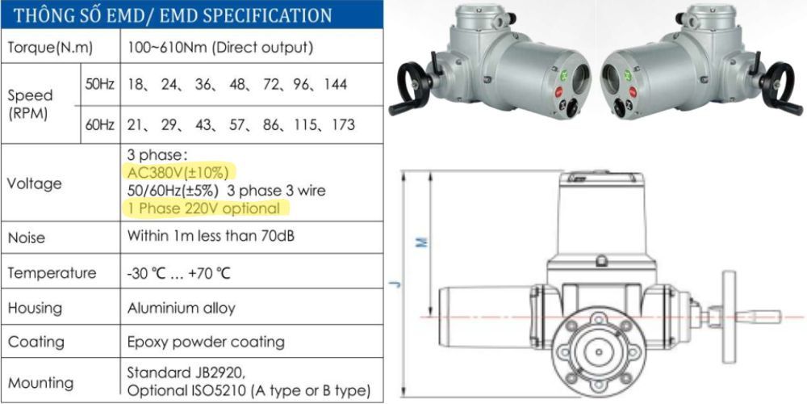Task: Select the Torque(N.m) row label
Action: click(x=50, y=48)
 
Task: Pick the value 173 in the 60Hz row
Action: click(x=343, y=124)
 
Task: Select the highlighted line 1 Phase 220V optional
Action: click(x=204, y=208)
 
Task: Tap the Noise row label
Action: click(x=26, y=238)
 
